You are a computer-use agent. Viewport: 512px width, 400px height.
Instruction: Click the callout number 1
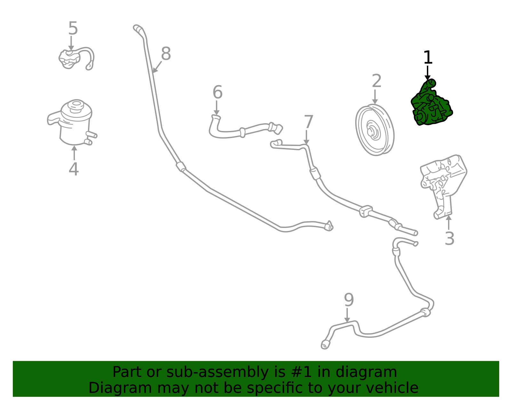click(428, 58)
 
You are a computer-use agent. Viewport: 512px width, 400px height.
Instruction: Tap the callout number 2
click(376, 81)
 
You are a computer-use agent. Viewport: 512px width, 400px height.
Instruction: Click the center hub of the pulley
click(371, 131)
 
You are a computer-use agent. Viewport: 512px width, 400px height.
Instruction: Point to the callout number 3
click(449, 239)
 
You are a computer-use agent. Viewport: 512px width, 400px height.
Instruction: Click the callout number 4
click(74, 169)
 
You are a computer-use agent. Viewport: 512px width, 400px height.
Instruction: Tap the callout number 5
click(73, 29)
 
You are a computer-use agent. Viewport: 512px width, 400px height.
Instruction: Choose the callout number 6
click(217, 93)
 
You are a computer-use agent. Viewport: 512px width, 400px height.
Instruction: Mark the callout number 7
click(308, 122)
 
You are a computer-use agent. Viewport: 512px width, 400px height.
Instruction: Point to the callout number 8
click(166, 54)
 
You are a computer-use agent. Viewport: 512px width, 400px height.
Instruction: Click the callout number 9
click(348, 300)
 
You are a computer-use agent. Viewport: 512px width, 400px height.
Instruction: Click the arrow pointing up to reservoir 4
click(74, 152)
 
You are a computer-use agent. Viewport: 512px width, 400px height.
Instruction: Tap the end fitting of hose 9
click(325, 345)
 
